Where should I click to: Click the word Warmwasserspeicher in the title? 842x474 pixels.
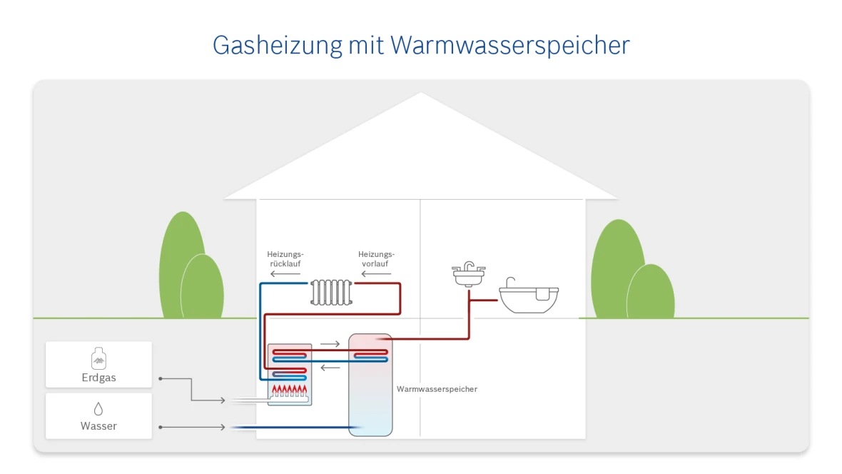point(510,45)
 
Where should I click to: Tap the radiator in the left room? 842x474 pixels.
point(332,292)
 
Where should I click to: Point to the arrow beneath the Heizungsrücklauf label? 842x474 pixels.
point(285,273)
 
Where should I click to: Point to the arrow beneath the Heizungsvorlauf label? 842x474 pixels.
point(376,273)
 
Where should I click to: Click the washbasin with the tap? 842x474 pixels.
point(469,275)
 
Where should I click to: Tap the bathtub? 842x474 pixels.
point(528,296)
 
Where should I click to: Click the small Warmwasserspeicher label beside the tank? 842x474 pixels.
point(437,389)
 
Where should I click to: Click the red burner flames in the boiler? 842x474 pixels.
point(290,390)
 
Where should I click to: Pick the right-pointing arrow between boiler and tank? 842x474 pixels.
point(330,344)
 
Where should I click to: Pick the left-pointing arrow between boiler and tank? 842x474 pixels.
point(330,368)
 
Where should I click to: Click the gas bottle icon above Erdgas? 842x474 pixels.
point(98,358)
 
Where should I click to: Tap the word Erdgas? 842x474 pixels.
point(98,378)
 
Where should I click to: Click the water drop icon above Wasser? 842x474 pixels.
point(98,409)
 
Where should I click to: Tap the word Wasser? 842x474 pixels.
point(98,426)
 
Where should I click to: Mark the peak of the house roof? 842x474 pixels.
point(421,93)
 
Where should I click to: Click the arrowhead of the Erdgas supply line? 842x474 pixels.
point(224,400)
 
